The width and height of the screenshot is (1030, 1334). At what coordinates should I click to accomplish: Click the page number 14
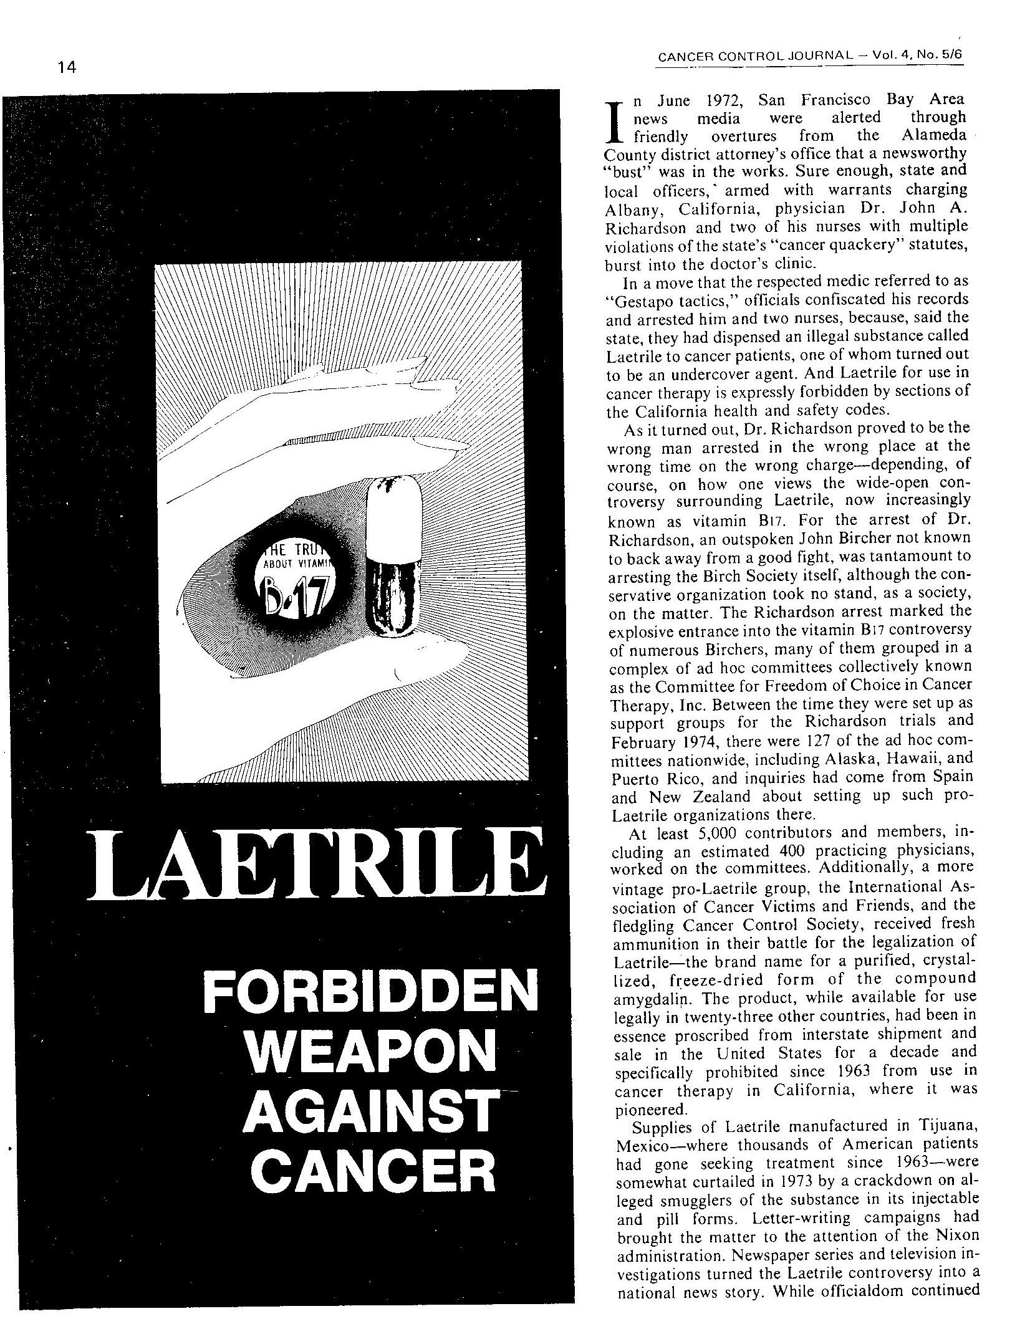[x=65, y=68]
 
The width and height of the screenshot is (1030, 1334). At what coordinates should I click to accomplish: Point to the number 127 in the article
[x=817, y=742]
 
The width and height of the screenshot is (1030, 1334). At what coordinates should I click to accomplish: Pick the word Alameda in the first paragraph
[x=932, y=136]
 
